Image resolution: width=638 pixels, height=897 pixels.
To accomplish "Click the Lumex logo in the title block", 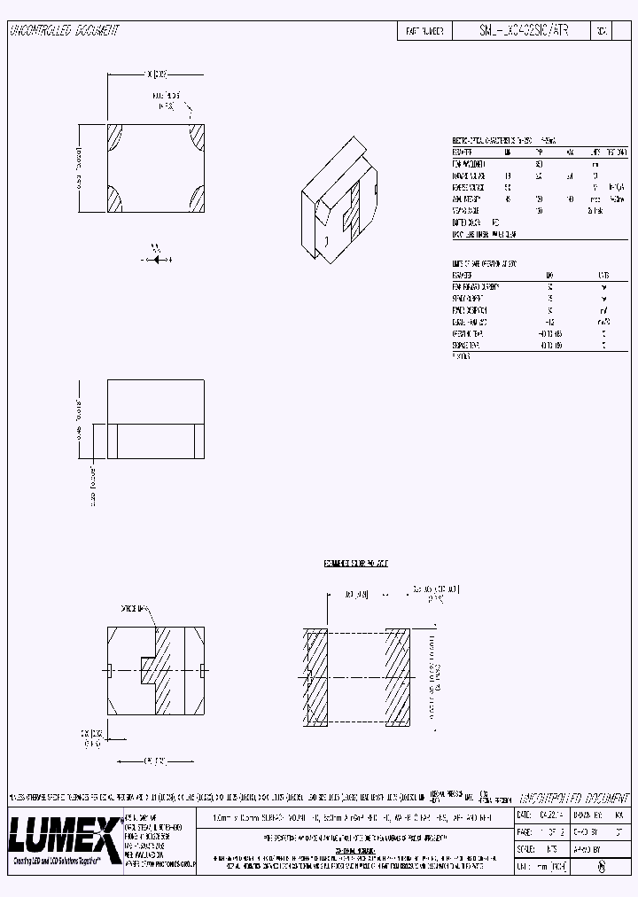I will (x=62, y=833).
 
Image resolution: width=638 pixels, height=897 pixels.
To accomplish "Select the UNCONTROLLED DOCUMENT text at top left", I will (x=64, y=30).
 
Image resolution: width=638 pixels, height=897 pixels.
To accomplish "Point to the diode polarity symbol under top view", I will (x=157, y=259).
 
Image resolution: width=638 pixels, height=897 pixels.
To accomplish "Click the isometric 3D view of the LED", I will (x=340, y=199).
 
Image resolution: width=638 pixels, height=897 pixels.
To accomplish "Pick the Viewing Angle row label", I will (x=467, y=211).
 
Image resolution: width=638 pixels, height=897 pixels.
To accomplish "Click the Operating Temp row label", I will (x=469, y=334).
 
